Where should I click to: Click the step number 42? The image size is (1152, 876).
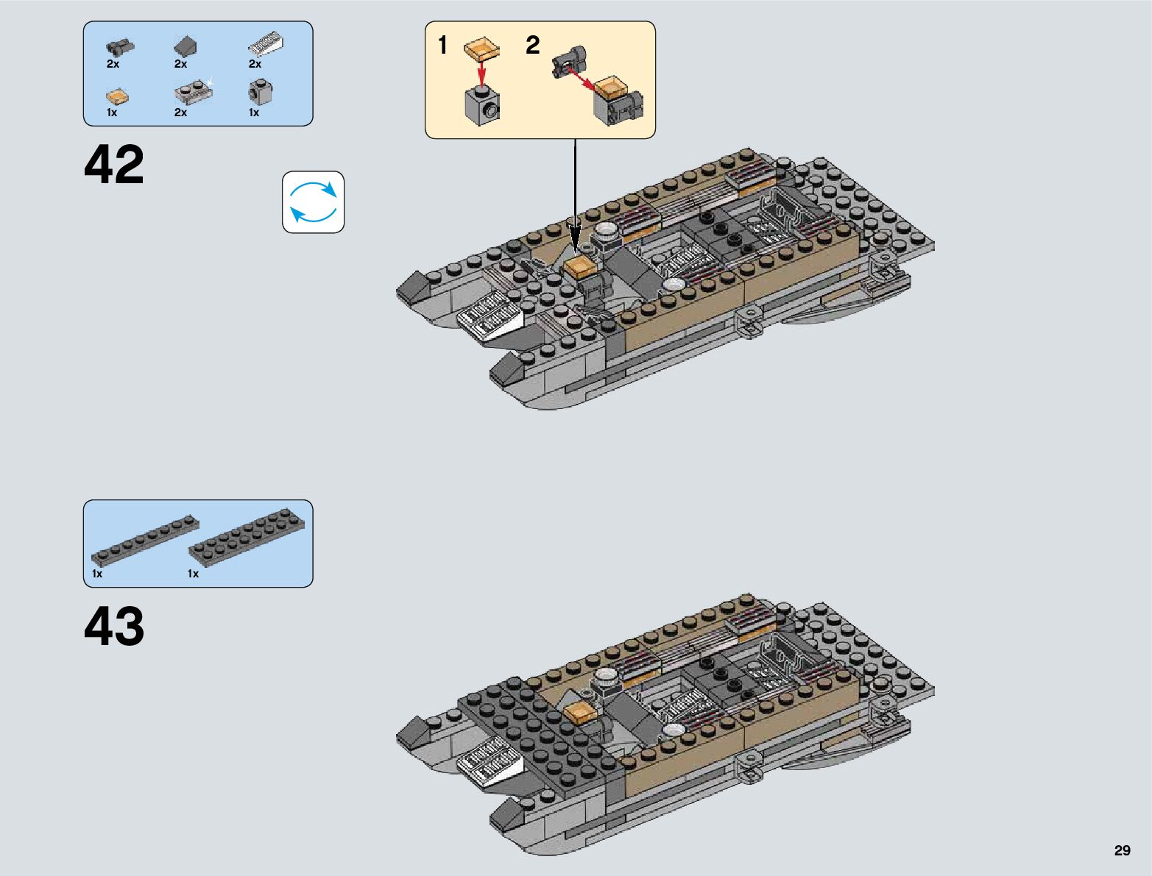(x=114, y=165)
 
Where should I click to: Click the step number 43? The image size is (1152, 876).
(x=114, y=627)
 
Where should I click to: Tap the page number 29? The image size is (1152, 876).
(x=1122, y=850)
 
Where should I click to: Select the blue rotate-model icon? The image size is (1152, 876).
(x=314, y=202)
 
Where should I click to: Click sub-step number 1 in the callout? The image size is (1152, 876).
(x=442, y=46)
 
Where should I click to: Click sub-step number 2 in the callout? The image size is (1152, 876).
(x=532, y=46)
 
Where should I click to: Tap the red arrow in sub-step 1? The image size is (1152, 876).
(x=481, y=72)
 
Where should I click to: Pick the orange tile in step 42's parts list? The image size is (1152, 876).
(x=116, y=97)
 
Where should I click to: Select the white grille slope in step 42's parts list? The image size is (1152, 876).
(x=266, y=45)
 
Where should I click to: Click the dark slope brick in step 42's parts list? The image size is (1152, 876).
(x=185, y=47)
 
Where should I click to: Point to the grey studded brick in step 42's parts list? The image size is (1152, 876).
(x=260, y=93)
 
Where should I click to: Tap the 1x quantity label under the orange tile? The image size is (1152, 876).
(x=112, y=113)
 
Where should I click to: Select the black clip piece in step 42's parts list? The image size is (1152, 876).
(x=119, y=46)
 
